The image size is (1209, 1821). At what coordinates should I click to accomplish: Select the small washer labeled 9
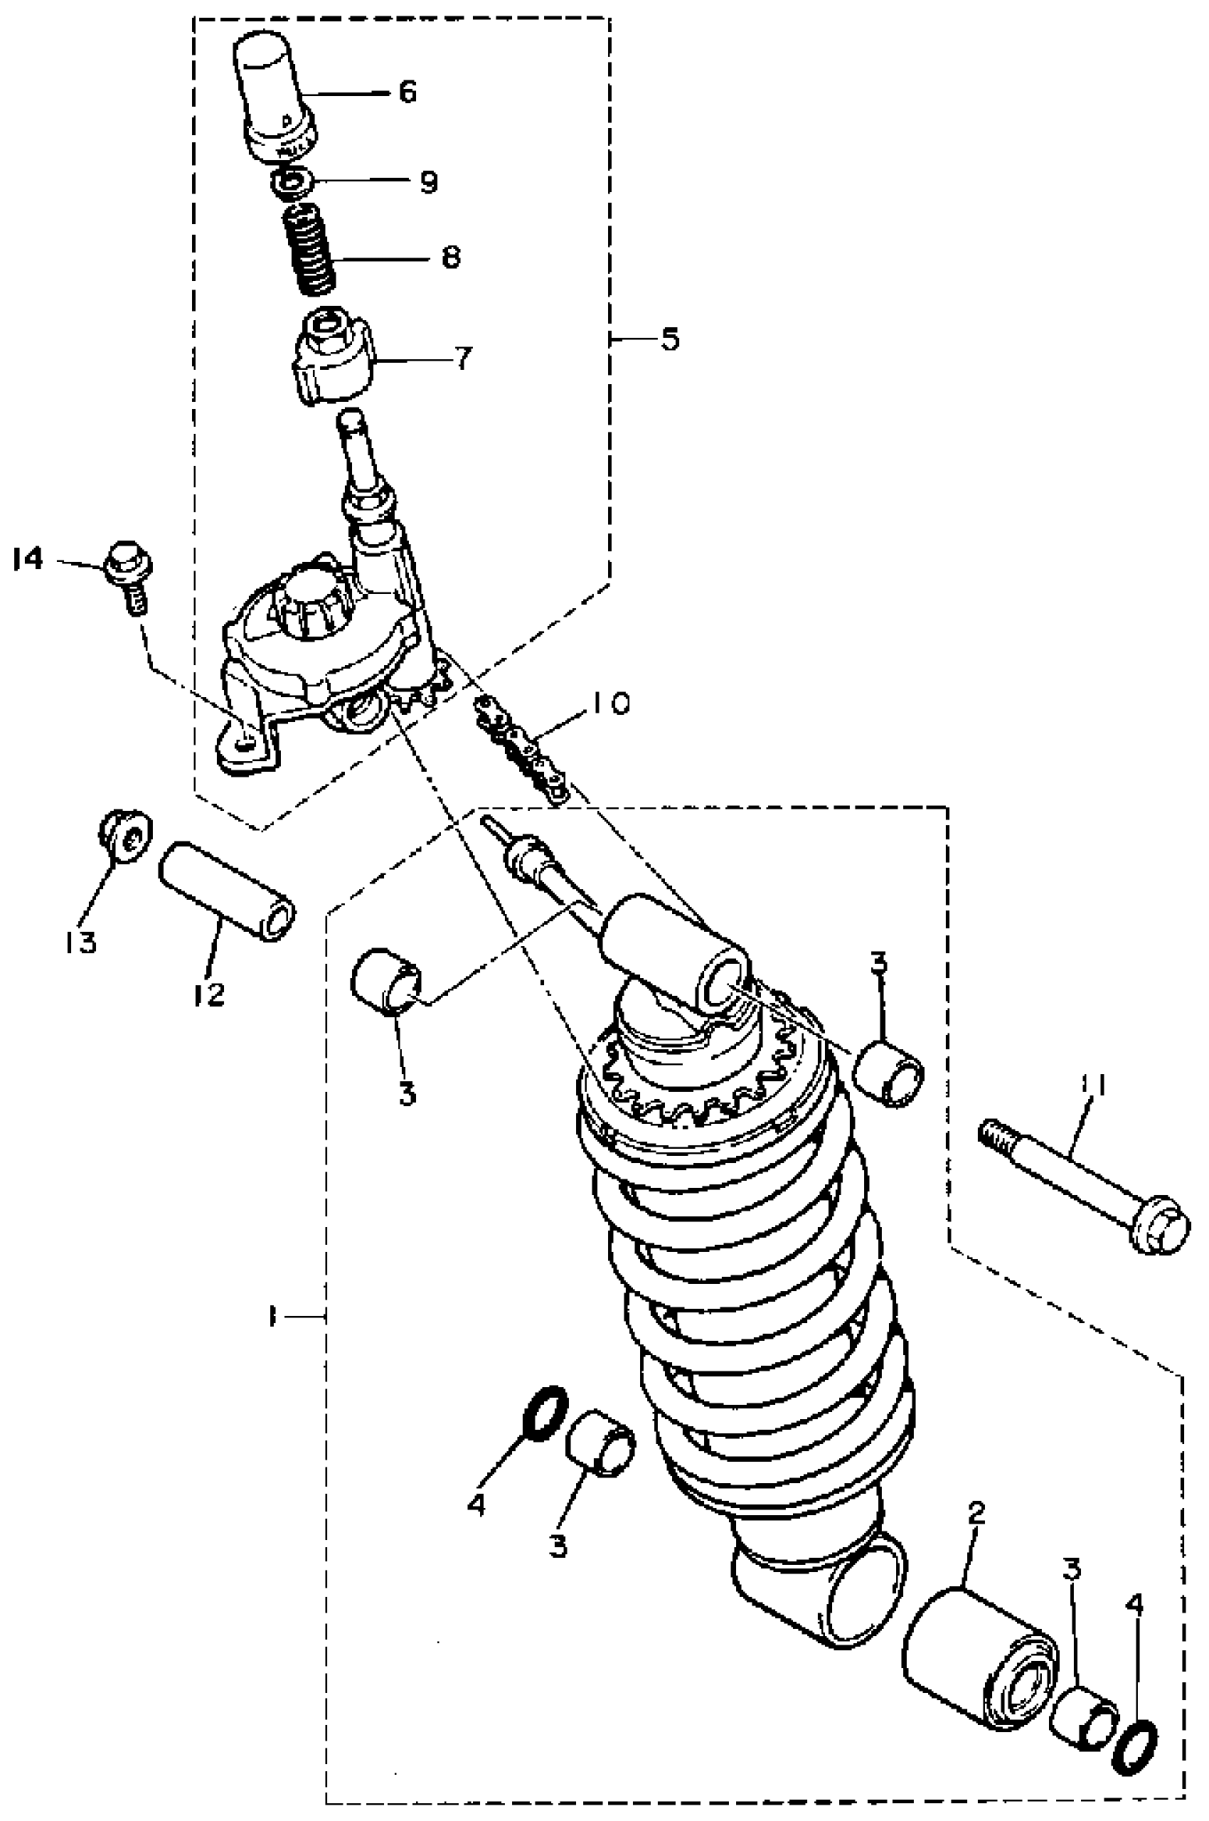click(x=292, y=183)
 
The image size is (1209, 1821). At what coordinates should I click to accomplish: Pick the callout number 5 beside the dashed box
click(x=670, y=339)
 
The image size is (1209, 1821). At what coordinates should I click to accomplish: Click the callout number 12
click(x=209, y=994)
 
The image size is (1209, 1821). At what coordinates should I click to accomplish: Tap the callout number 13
click(x=81, y=941)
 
